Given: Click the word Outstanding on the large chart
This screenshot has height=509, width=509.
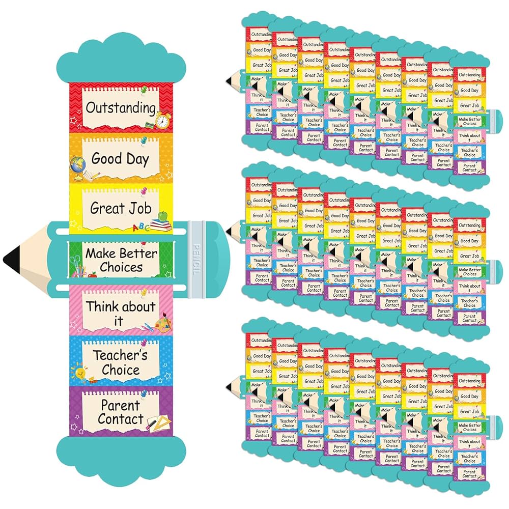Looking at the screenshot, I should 120,107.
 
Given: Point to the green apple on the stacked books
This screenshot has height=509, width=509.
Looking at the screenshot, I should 163,217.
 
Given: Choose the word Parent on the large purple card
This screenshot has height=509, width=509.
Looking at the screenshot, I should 120,406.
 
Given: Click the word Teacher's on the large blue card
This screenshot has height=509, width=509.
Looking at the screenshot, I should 120,355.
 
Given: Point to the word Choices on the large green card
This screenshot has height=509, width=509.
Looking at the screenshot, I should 121,267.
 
